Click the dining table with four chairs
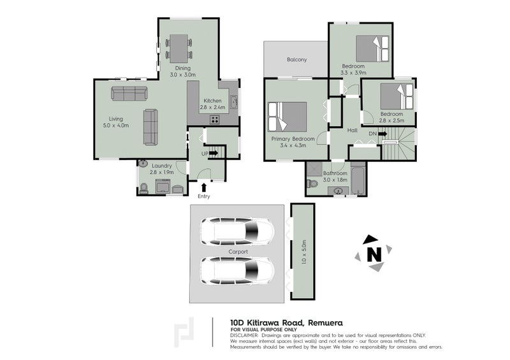tap(179, 47)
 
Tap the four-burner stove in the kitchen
tap(215, 119)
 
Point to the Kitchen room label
tap(212, 101)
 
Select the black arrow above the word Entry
tap(203, 187)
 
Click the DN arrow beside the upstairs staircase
tap(382, 134)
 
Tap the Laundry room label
tap(161, 166)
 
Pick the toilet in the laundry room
tap(143, 187)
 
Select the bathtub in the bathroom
tap(359, 180)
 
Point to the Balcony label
tap(296, 60)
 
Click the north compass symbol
tap(373, 254)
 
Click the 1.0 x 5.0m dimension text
tap(304, 252)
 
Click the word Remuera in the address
tap(318, 323)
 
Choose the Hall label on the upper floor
tap(353, 131)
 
